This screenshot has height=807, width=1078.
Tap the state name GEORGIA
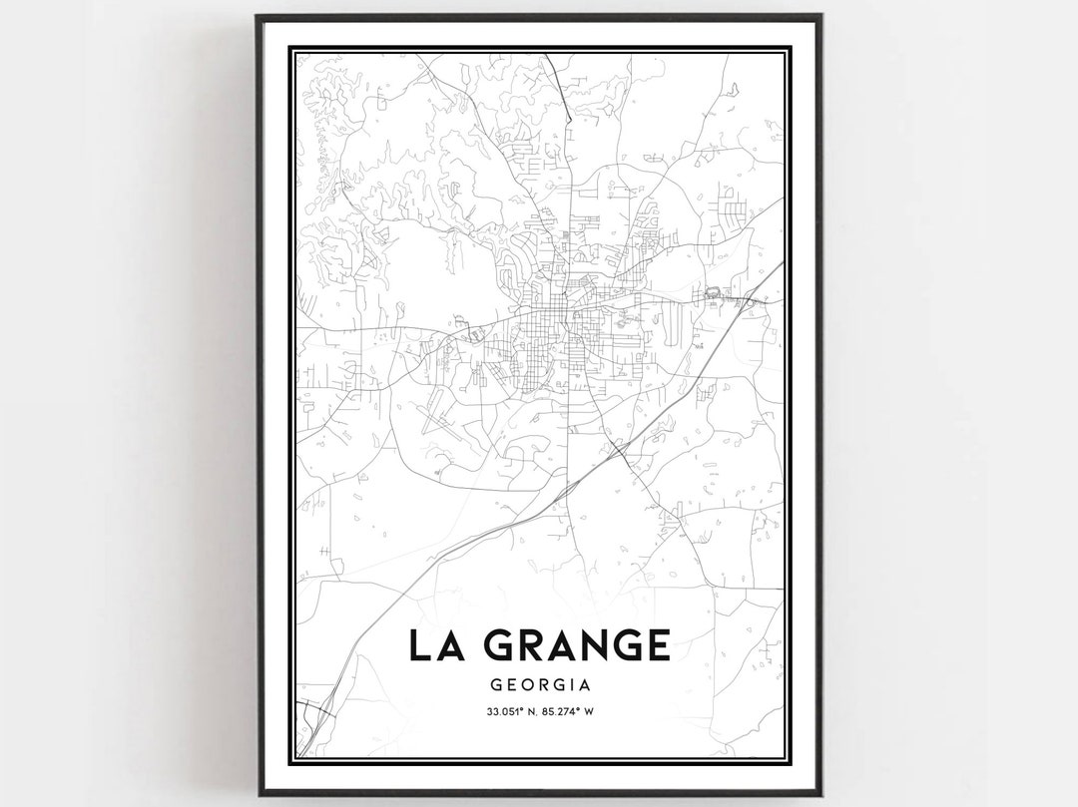point(540,685)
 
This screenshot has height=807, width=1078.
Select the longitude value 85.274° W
point(577,712)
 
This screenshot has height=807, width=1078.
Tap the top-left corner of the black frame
point(259,17)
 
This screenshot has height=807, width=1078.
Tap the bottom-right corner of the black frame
point(819,793)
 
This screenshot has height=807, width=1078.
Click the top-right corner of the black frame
point(819,17)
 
